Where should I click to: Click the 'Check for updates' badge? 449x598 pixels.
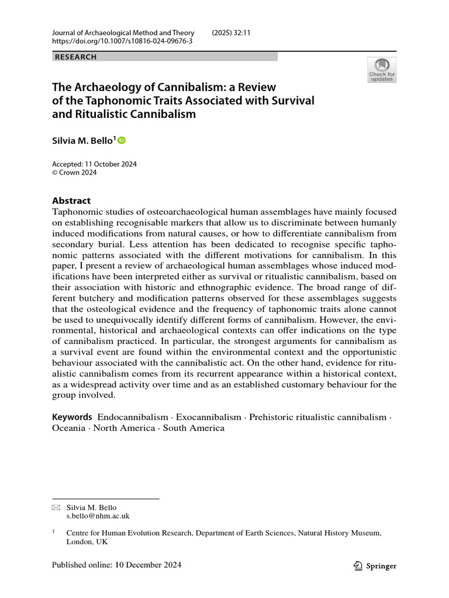coord(382,69)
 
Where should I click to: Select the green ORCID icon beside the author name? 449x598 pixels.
coord(122,140)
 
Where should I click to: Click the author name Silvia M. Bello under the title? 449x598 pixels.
coord(84,141)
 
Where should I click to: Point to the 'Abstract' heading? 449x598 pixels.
coord(71,200)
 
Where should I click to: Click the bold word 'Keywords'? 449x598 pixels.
coord(72,417)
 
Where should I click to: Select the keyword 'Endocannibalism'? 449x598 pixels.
coord(132,417)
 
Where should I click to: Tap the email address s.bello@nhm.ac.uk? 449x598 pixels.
coord(98,516)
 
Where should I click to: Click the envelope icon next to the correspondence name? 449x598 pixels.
coord(56,507)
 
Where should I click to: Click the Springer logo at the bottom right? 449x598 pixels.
coord(375,565)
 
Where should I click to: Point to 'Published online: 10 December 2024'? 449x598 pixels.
coord(116,565)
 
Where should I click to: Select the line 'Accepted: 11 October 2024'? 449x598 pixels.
coord(94,164)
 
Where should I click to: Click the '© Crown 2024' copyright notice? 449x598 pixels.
coord(74,173)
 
